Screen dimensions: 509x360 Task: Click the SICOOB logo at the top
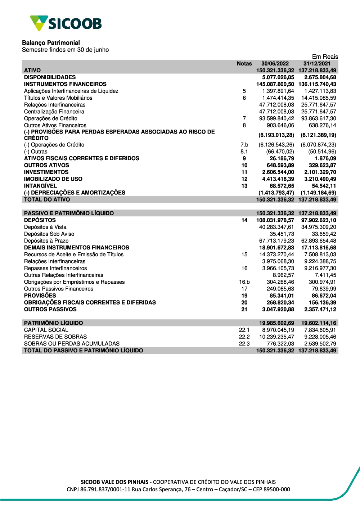pyautogui.click(x=66, y=23)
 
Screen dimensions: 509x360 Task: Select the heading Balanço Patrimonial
pyautogui.click(x=51, y=42)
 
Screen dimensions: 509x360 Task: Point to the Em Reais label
pyautogui.click(x=325, y=57)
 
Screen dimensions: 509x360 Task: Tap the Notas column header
pyautogui.click(x=244, y=63)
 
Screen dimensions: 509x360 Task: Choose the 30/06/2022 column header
pyautogui.click(x=275, y=63)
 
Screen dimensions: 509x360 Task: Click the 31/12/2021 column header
pyautogui.click(x=317, y=63)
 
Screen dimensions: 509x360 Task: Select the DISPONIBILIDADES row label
pyautogui.click(x=50, y=77)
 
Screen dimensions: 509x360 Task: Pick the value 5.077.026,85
pyautogui.click(x=278, y=77)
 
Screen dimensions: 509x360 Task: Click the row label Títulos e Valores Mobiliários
pyautogui.click(x=58, y=98)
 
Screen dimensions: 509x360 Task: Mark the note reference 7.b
pyautogui.click(x=244, y=145)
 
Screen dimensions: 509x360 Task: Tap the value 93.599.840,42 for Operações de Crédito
pyautogui.click(x=276, y=118)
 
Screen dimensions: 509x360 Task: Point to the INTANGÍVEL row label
pyautogui.click(x=40, y=186)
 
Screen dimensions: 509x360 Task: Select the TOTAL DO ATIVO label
pyautogui.click(x=47, y=199)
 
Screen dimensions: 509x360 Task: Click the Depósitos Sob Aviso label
pyautogui.click(x=49, y=234)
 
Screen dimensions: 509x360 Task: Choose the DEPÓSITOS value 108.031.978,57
pyautogui.click(x=275, y=220)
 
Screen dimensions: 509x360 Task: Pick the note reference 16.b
pyautogui.click(x=244, y=282)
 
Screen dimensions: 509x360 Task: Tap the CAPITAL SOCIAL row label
pyautogui.click(x=46, y=330)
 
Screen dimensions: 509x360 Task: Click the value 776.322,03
pyautogui.click(x=280, y=343)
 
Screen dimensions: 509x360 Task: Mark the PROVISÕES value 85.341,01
pyautogui.click(x=282, y=296)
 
